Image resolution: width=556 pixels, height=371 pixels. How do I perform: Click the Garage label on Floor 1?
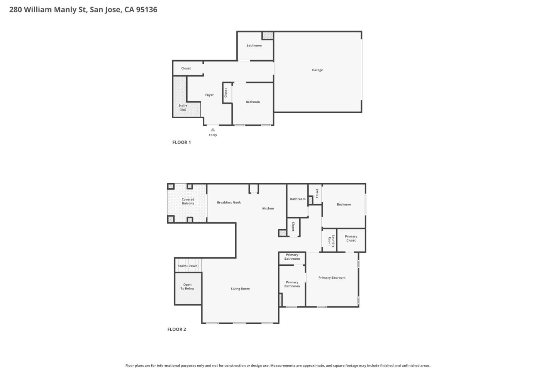[x=317, y=70]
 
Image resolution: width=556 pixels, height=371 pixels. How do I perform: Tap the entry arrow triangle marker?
[x=213, y=130]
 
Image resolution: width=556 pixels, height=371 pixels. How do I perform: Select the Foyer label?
[x=209, y=95]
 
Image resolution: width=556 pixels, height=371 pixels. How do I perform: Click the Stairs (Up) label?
[x=183, y=107]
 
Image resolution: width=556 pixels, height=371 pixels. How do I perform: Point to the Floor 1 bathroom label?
[x=254, y=46]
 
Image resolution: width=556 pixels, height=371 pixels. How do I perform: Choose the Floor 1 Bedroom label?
[x=253, y=102]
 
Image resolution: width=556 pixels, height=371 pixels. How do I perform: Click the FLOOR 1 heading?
[x=181, y=142]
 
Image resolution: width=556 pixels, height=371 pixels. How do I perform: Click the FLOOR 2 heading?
[x=176, y=329]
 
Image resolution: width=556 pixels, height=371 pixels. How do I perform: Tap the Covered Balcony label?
[x=188, y=201]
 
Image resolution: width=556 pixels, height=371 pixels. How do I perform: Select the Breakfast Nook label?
[x=229, y=203]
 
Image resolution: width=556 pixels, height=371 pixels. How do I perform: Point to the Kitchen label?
[x=268, y=208]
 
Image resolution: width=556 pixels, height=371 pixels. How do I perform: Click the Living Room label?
[x=240, y=289]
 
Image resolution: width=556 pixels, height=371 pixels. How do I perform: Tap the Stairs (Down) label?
[x=188, y=266]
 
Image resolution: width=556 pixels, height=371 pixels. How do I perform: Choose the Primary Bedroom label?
[x=332, y=277]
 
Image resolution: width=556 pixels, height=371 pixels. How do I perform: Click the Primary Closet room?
[x=351, y=238]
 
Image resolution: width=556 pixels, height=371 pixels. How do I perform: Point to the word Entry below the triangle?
[x=213, y=135]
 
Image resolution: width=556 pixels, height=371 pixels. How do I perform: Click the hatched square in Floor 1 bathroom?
[x=268, y=36]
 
